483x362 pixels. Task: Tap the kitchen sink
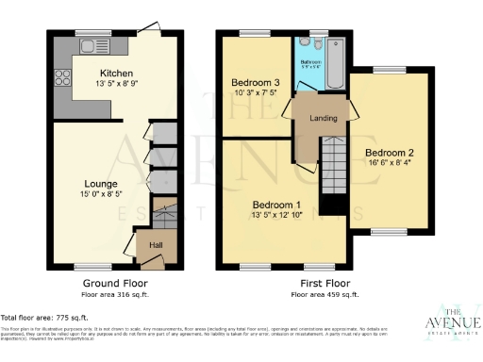pyautogui.click(x=91, y=44)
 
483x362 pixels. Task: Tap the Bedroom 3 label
pyautogui.click(x=254, y=83)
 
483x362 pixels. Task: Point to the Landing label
pyautogui.click(x=318, y=117)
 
